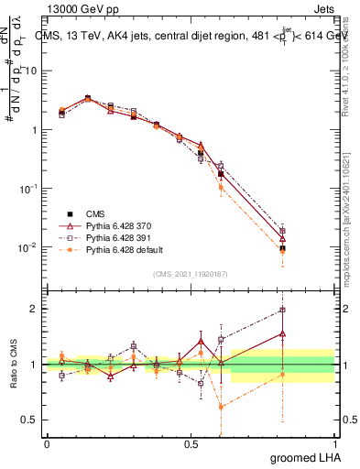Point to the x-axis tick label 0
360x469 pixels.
click(46, 443)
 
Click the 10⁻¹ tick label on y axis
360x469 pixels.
click(27, 189)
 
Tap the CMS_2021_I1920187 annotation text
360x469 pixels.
click(190, 273)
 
